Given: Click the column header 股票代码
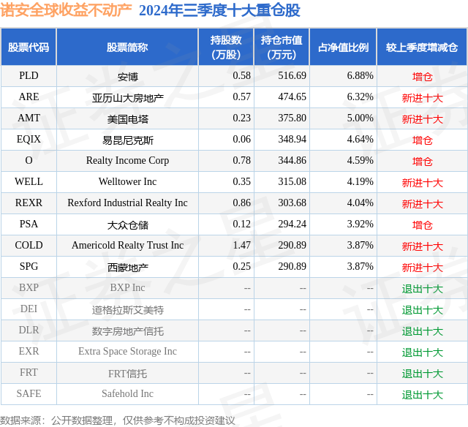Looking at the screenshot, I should pyautogui.click(x=29, y=48).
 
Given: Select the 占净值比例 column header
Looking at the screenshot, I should pyautogui.click(x=343, y=48).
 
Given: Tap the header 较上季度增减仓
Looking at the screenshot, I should pyautogui.click(x=422, y=48).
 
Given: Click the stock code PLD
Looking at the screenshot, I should pyautogui.click(x=29, y=76).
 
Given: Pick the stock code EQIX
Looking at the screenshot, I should pyautogui.click(x=29, y=140).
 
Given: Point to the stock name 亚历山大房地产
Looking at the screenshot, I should pyautogui.click(x=127, y=97).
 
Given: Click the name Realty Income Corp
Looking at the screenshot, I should pyautogui.click(x=127, y=161).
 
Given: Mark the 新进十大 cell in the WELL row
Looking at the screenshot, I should pyautogui.click(x=422, y=183).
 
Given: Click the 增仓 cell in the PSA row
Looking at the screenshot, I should pyautogui.click(x=422, y=225).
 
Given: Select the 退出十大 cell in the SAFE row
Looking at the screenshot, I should pyautogui.click(x=422, y=395).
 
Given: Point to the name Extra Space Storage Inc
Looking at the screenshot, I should pyautogui.click(x=127, y=352).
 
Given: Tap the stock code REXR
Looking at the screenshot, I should pyautogui.click(x=29, y=203).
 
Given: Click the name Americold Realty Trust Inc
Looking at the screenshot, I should pyautogui.click(x=127, y=246).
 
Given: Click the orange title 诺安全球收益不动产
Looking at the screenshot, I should pyautogui.click(x=67, y=10).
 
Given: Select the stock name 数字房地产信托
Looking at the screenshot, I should pyautogui.click(x=127, y=331).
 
